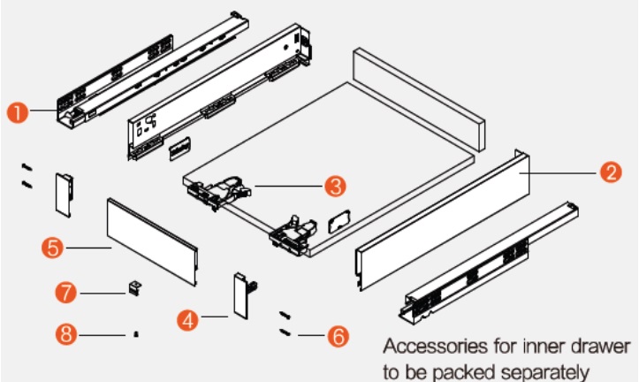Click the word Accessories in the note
coord(425,344)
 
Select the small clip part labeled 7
coord(134,288)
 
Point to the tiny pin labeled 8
coord(135,334)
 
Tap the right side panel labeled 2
coord(442,221)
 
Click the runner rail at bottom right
coord(486,265)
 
